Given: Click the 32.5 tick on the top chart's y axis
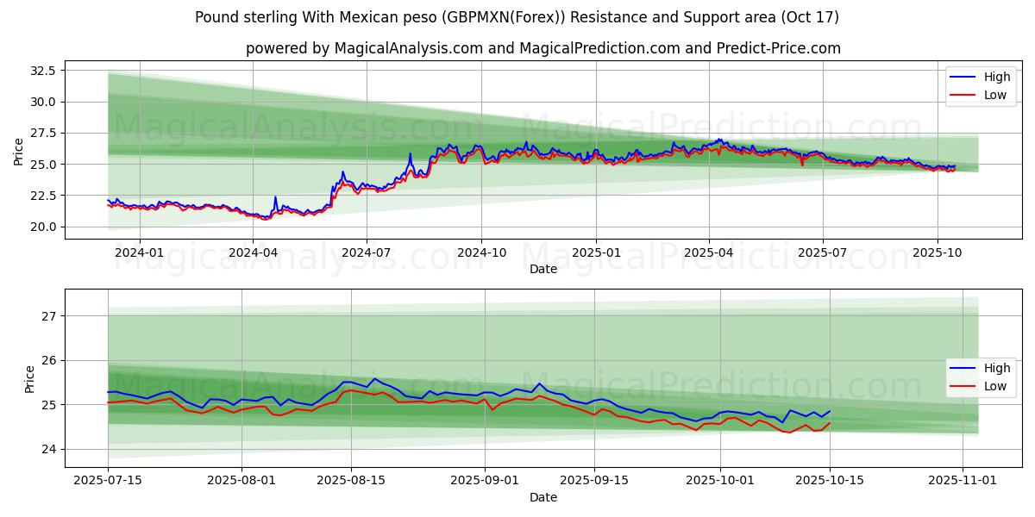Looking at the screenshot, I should [41, 70].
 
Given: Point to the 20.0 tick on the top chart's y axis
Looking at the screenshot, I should [41, 227].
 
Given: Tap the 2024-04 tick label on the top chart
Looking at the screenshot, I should [253, 252].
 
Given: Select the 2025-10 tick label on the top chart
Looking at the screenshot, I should [938, 252].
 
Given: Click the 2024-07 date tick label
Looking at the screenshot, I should [367, 252].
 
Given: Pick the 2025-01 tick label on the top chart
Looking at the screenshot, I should [595, 252].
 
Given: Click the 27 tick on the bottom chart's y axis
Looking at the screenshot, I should [48, 316].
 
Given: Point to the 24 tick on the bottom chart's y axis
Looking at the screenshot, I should [48, 449].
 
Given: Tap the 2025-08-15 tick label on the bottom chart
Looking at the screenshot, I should [351, 481].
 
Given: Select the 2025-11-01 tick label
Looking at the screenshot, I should [963, 481].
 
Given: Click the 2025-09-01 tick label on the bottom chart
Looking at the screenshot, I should [485, 481].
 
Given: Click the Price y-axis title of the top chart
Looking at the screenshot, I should [19, 151].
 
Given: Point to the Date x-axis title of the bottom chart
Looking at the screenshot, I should [543, 497].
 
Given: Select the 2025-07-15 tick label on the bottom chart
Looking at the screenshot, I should [108, 481].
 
